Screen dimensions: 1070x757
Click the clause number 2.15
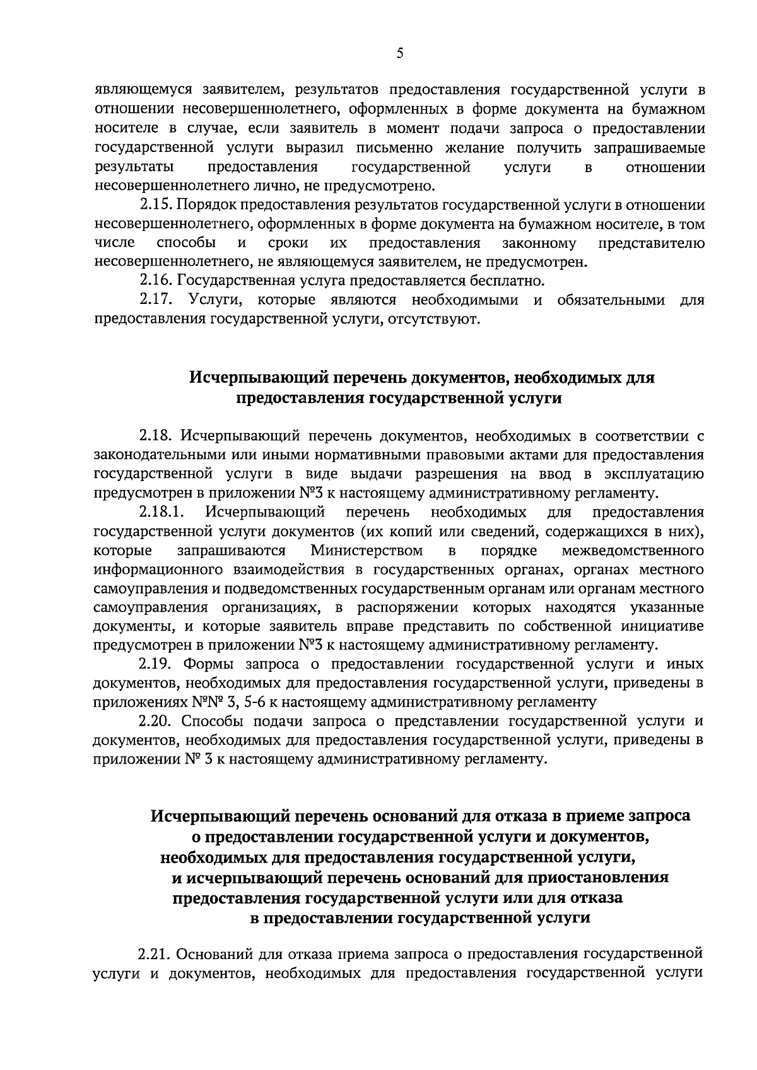pos(155,205)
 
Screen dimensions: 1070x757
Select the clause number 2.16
pos(155,280)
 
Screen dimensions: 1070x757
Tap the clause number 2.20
pos(155,720)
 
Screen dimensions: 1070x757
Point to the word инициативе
pos(662,627)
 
